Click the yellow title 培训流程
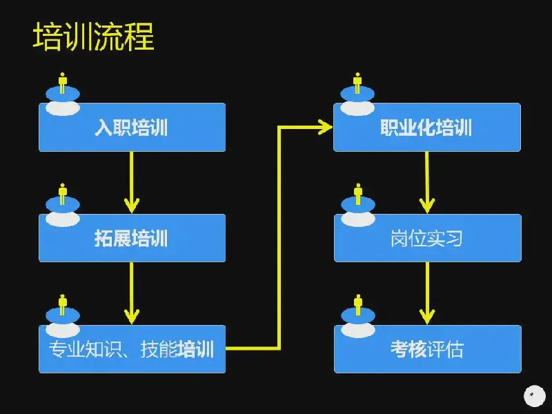[94, 37]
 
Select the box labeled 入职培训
[132, 127]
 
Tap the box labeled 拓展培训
[132, 238]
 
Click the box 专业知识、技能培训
[132, 349]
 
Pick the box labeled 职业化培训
[427, 127]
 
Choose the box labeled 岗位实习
[427, 238]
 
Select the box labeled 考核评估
[427, 349]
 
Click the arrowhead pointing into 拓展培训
[132, 206]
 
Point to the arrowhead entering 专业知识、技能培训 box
[132, 317]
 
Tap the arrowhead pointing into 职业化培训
[325, 127]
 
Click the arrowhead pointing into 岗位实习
[427, 206]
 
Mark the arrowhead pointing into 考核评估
[427, 317]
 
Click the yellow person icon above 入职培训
[63, 83]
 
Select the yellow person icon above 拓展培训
[63, 194]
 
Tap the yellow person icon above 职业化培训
[357, 83]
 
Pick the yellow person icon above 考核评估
[358, 305]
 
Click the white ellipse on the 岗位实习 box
[358, 219]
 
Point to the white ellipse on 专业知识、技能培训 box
[63, 331]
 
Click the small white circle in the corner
[534, 396]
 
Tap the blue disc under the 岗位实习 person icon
[358, 204]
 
